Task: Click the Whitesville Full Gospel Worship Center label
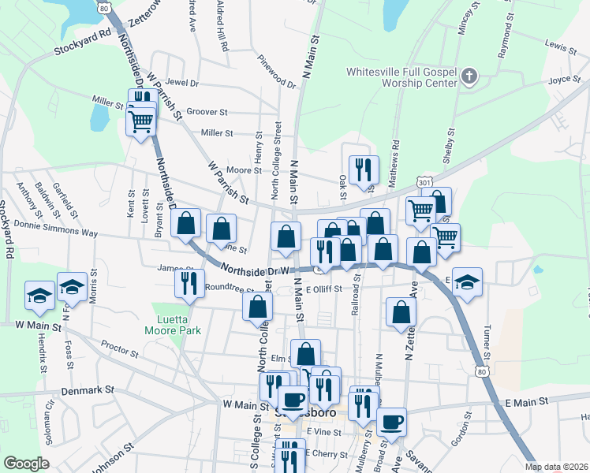[401, 77]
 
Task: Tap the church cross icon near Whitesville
[469, 76]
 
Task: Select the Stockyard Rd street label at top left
[81, 43]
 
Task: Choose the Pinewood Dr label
[277, 71]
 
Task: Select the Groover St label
[206, 113]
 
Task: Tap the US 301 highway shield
[425, 183]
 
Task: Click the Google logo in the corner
[26, 464]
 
